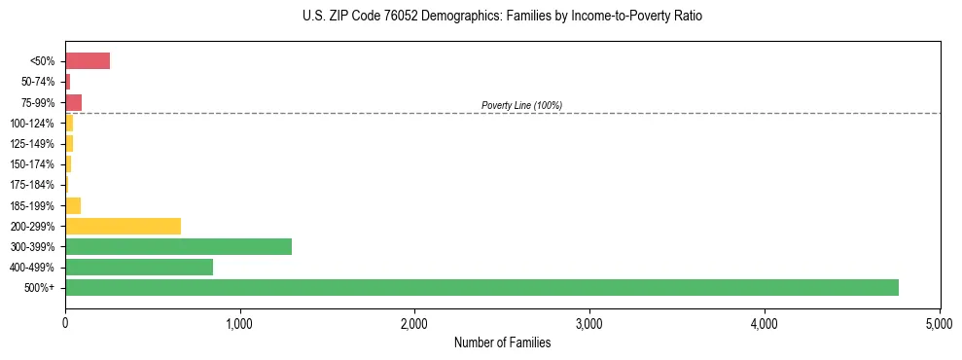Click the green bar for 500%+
pyautogui.click(x=481, y=287)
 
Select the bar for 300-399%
pyautogui.click(x=178, y=246)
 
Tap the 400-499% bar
pyautogui.click(x=139, y=267)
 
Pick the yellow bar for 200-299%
pyautogui.click(x=123, y=226)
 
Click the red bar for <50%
pyautogui.click(x=88, y=61)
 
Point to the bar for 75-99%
pyautogui.click(x=74, y=102)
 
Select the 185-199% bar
pyautogui.click(x=73, y=205)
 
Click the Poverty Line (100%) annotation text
pyautogui.click(x=521, y=105)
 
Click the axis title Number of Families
pyautogui.click(x=502, y=342)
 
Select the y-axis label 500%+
pyautogui.click(x=39, y=288)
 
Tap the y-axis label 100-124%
pyautogui.click(x=32, y=124)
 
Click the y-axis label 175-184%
pyautogui.click(x=32, y=185)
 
